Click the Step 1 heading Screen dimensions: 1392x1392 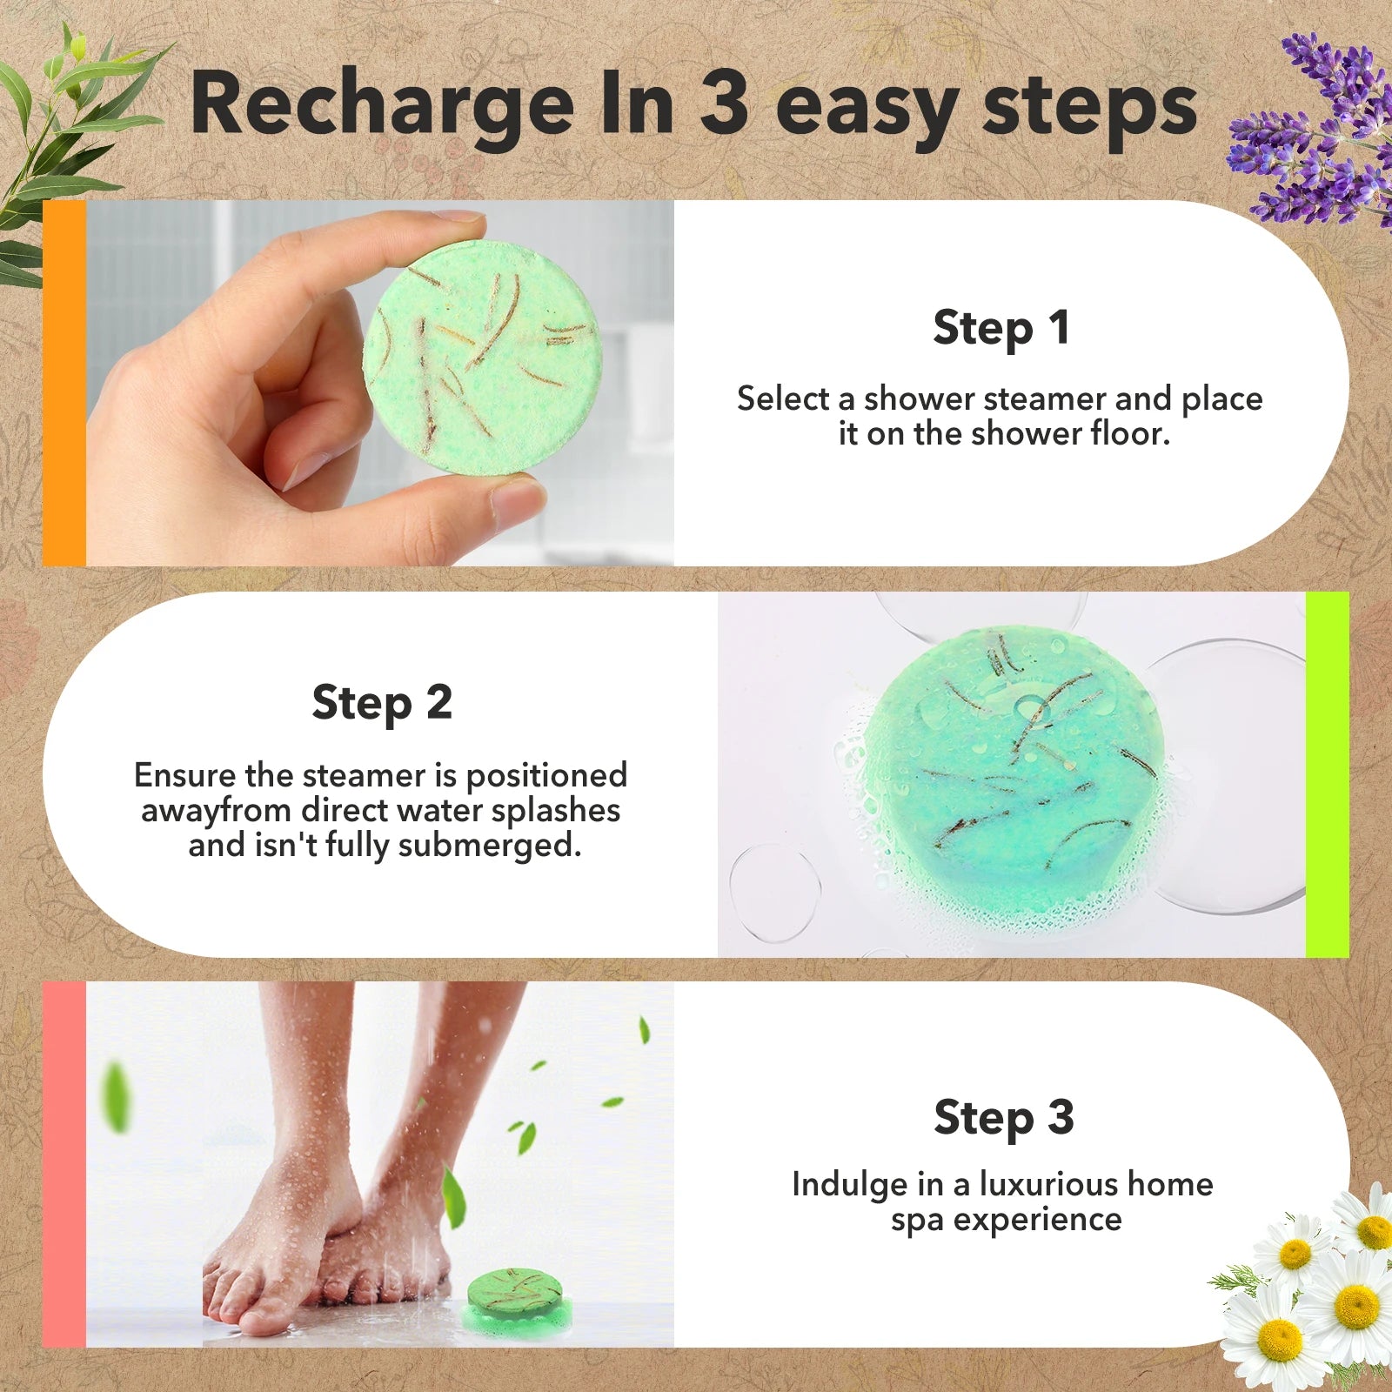pyautogui.click(x=1000, y=329)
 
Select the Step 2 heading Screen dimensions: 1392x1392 pyautogui.click(x=382, y=703)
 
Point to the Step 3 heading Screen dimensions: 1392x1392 pyautogui.click(x=1003, y=1118)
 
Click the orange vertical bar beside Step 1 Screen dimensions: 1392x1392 pyautogui.click(x=64, y=384)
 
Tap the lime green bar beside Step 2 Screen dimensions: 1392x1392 pyautogui.click(x=1327, y=774)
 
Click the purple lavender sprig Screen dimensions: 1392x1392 pyautogui.click(x=1314, y=130)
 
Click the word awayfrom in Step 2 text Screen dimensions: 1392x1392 pyautogui.click(x=216, y=811)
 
